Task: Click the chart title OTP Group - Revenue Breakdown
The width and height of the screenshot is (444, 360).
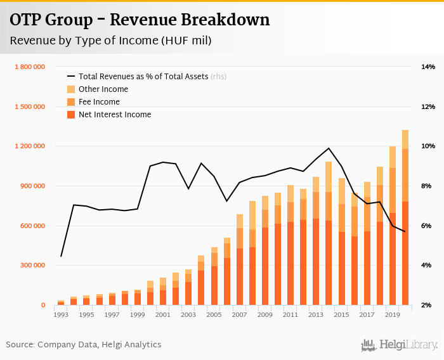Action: pyautogui.click(x=140, y=20)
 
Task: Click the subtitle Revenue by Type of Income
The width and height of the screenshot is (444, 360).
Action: pyautogui.click(x=110, y=41)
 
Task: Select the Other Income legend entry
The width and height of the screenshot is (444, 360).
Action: pyautogui.click(x=103, y=89)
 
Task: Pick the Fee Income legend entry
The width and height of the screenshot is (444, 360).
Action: pyautogui.click(x=99, y=102)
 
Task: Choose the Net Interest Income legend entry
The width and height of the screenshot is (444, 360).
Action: pyautogui.click(x=115, y=115)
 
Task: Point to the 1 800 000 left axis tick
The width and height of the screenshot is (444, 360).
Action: pyautogui.click(x=29, y=67)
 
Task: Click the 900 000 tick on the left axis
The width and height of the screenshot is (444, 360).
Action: pyautogui.click(x=32, y=186)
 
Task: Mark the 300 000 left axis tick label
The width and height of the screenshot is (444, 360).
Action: pyautogui.click(x=32, y=266)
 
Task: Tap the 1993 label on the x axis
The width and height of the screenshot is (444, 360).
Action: pyautogui.click(x=61, y=314)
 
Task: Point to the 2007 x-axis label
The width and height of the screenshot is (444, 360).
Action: pyautogui.click(x=240, y=314)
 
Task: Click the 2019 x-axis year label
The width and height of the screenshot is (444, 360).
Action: pyautogui.click(x=393, y=314)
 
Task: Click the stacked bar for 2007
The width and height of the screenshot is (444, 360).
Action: pyautogui.click(x=240, y=260)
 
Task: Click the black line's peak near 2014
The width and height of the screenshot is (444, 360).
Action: pyautogui.click(x=329, y=148)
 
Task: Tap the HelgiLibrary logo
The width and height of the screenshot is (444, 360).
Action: pyautogui.click(x=400, y=345)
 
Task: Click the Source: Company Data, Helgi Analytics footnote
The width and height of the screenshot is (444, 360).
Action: pyautogui.click(x=84, y=345)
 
